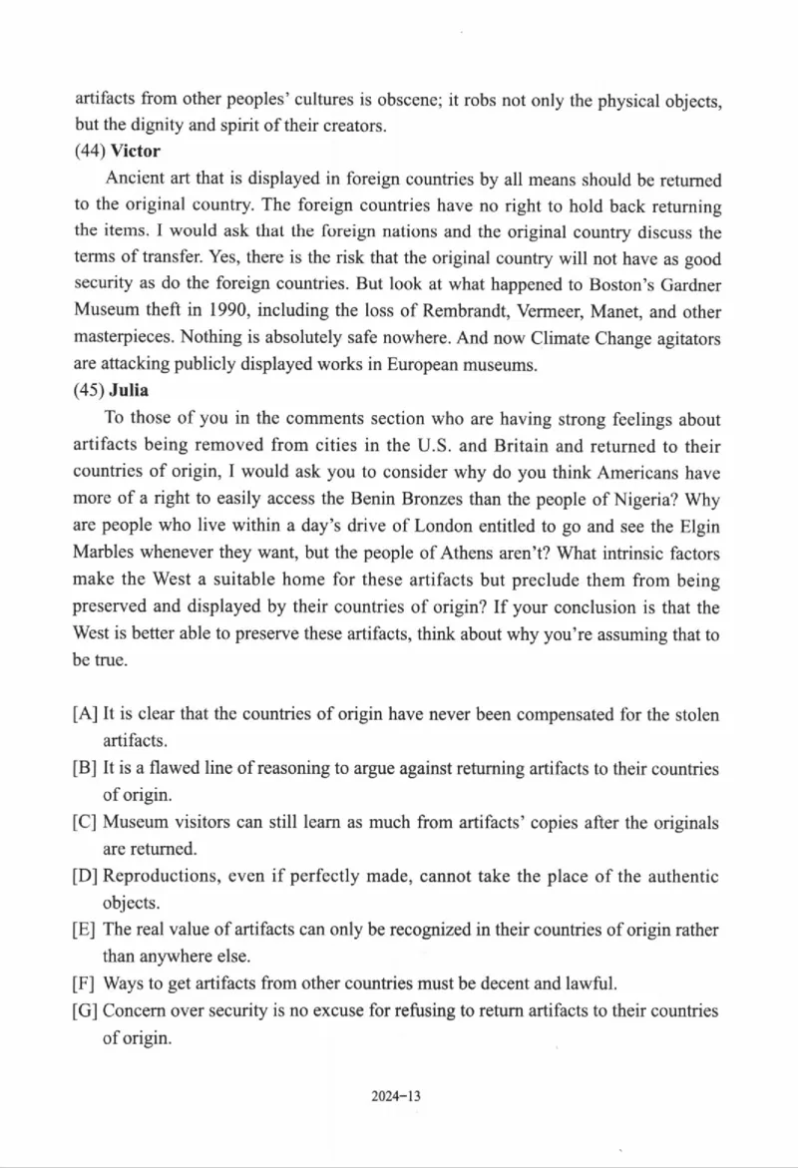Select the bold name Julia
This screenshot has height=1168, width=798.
pos(129,390)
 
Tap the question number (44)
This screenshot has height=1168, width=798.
pos(90,152)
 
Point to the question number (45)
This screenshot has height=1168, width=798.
pos(90,390)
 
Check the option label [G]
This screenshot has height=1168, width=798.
pos(86,1011)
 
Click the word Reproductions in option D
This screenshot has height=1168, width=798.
pos(158,877)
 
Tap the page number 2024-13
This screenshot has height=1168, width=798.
pos(397,1096)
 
